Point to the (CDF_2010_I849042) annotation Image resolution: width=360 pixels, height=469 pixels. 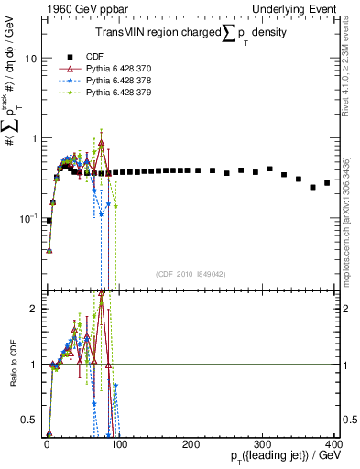point(190,272)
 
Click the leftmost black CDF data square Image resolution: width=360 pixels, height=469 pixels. point(49,221)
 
